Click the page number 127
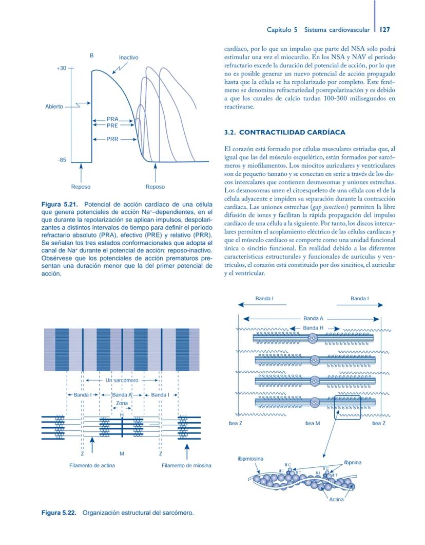tap(385, 30)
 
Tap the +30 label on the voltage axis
tap(61, 68)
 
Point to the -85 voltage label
tap(62, 160)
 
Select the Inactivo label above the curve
tap(128, 58)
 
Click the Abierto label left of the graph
tap(53, 106)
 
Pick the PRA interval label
tap(112, 119)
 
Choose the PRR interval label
tap(112, 139)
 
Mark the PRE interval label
tap(112, 125)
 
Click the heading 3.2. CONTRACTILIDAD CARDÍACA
tap(284, 133)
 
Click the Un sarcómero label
tap(122, 380)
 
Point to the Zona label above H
tap(122, 404)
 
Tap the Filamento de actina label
tap(92, 465)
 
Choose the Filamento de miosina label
tap(186, 465)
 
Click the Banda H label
tap(313, 328)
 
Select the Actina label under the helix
tap(336, 499)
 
